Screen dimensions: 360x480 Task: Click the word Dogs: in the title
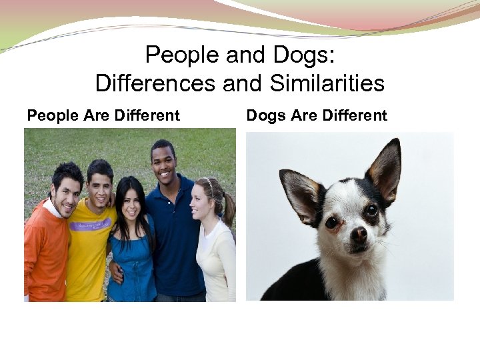tap(298, 55)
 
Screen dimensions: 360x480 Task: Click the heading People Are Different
tap(103, 115)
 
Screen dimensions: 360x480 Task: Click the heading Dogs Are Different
tap(317, 115)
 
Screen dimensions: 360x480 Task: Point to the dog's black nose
tap(359, 234)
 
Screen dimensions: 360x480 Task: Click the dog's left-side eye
tap(331, 222)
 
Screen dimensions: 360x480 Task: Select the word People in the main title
tap(177, 55)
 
